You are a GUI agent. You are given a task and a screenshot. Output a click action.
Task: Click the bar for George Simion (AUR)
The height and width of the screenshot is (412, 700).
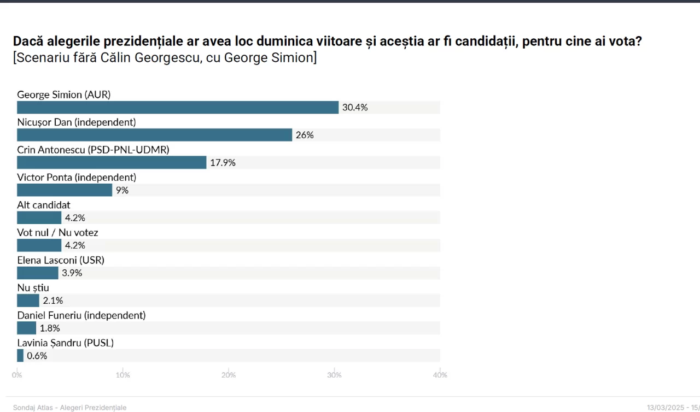178,108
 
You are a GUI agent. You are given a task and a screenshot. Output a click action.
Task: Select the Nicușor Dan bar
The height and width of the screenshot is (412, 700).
154,135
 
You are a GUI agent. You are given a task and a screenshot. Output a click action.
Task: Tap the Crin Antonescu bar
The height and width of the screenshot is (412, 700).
112,162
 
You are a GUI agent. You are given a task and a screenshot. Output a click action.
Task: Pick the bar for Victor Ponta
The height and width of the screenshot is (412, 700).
65,190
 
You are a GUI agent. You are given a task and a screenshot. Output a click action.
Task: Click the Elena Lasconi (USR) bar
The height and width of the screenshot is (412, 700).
38,273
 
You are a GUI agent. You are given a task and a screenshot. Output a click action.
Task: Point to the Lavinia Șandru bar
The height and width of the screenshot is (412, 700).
20,356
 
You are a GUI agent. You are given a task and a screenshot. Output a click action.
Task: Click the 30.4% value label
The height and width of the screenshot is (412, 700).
355,108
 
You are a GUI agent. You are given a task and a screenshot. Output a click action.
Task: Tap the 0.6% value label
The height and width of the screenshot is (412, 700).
37,356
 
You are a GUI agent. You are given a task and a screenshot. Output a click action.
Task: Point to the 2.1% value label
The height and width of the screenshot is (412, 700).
53,301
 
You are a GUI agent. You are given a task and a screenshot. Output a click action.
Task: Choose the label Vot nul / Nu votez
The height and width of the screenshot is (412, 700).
57,233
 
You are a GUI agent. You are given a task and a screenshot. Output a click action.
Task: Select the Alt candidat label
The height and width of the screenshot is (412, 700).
44,205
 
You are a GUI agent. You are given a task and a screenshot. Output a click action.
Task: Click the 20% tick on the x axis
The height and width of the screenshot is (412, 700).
229,375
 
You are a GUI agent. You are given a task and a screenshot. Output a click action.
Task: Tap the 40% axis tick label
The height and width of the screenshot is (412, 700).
440,375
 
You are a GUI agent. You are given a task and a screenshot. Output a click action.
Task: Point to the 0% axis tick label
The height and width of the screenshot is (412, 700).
17,375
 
